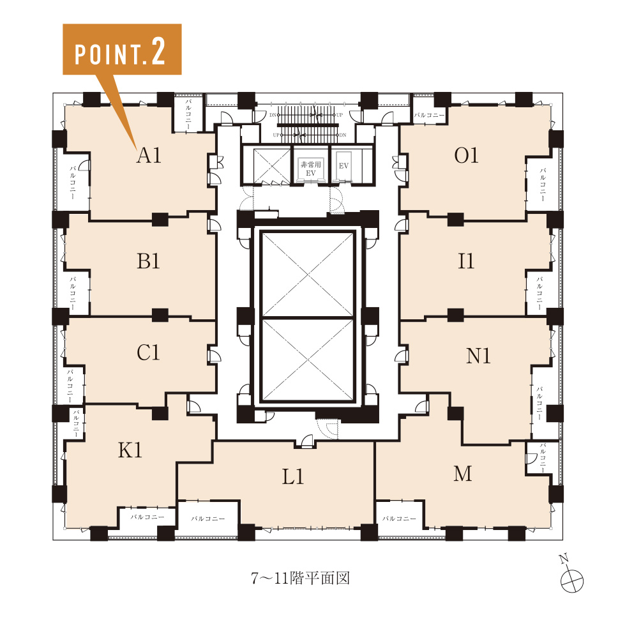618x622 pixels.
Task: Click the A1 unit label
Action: [x=149, y=155]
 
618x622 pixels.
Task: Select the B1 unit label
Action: [x=148, y=261]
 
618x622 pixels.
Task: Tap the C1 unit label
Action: [x=148, y=353]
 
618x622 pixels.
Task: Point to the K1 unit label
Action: [x=130, y=450]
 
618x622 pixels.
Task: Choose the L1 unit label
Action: [x=293, y=476]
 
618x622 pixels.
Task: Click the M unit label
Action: [x=462, y=474]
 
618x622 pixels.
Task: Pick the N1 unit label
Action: [x=478, y=356]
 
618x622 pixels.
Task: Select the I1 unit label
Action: [x=465, y=261]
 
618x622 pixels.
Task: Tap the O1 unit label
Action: [x=466, y=155]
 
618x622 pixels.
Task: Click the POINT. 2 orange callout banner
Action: [x=122, y=49]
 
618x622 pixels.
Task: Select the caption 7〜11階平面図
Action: [x=300, y=578]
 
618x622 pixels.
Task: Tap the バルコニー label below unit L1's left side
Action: [x=208, y=519]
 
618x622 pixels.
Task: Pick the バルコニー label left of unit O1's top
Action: [x=429, y=115]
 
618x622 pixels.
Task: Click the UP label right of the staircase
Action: [x=339, y=115]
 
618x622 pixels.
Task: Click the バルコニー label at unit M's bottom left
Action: [x=399, y=519]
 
